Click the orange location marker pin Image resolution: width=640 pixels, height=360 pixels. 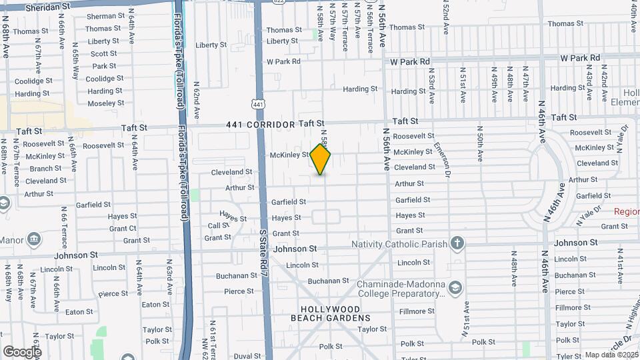(320, 159)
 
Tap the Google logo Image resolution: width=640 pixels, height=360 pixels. (21, 352)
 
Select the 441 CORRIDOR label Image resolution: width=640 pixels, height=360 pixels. (260, 125)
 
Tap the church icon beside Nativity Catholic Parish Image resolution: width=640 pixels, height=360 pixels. (457, 242)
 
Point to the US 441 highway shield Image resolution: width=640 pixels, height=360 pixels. (257, 103)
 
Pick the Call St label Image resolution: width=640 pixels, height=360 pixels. (219, 226)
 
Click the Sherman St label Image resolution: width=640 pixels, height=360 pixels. (101, 16)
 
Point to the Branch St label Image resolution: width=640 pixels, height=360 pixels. (45, 169)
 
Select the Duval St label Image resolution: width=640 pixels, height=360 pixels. (247, 356)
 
